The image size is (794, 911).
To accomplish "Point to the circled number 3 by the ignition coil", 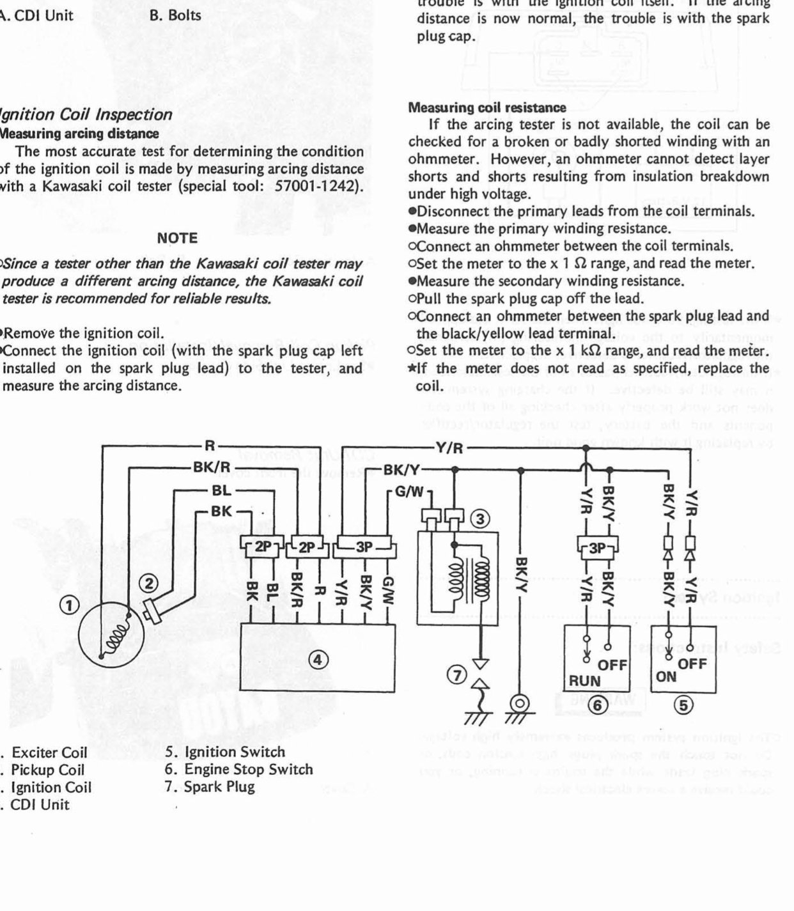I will pyautogui.click(x=480, y=518).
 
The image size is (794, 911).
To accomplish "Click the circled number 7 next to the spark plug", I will pyautogui.click(x=456, y=674).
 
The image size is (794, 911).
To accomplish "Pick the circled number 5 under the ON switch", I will pyautogui.click(x=683, y=705).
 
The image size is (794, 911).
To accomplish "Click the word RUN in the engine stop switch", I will pyautogui.click(x=585, y=682).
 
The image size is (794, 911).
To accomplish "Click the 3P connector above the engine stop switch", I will pyautogui.click(x=596, y=549).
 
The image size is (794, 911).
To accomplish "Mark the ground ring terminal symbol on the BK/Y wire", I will pyautogui.click(x=521, y=705).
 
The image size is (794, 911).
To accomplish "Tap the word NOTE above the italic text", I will pyautogui.click(x=177, y=238).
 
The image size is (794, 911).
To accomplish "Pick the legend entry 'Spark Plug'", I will pyautogui.click(x=210, y=786).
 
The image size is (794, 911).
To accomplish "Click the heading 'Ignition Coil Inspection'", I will pyautogui.click(x=86, y=115).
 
